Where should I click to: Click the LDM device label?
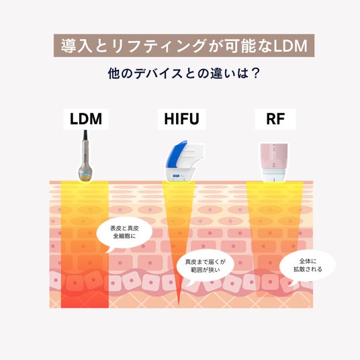(86, 119)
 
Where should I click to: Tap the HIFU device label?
(181, 119)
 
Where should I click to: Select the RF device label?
(275, 119)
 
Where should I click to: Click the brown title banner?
(184, 46)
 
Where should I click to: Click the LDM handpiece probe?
(85, 156)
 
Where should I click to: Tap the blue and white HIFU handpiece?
(183, 161)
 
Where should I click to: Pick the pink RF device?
(273, 162)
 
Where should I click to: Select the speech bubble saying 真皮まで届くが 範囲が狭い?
(206, 266)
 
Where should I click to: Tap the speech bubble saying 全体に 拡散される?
(308, 266)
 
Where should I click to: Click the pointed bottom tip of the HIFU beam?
(179, 305)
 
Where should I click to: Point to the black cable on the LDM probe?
(85, 136)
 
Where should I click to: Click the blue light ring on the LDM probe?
(85, 173)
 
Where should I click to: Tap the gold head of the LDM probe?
(85, 178)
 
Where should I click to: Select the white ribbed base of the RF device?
(273, 176)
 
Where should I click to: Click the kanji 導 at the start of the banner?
(69, 46)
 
